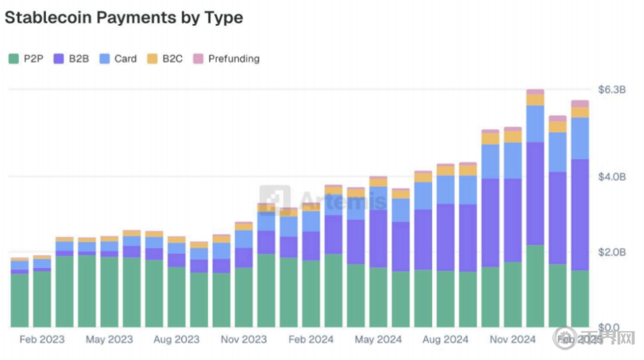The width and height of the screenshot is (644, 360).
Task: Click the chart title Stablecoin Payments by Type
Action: [x=124, y=16]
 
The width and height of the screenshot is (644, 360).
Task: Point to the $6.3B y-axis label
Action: [x=612, y=89]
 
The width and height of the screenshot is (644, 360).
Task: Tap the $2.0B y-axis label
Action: [x=612, y=252]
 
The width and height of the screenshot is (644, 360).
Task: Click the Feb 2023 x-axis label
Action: [x=42, y=340]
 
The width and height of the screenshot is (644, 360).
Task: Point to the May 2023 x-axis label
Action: [x=109, y=340]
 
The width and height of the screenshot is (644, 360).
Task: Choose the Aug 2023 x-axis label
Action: [x=176, y=340]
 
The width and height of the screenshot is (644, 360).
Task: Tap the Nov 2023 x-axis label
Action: [x=244, y=340]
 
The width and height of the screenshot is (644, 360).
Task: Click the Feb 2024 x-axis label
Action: [x=311, y=340]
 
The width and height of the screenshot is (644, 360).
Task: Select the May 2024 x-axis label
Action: [x=378, y=340]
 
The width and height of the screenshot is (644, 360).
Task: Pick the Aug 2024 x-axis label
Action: [x=445, y=340]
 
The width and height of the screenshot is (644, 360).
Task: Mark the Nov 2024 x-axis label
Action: [x=512, y=340]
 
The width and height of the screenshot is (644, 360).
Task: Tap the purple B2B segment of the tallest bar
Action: [x=535, y=194]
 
